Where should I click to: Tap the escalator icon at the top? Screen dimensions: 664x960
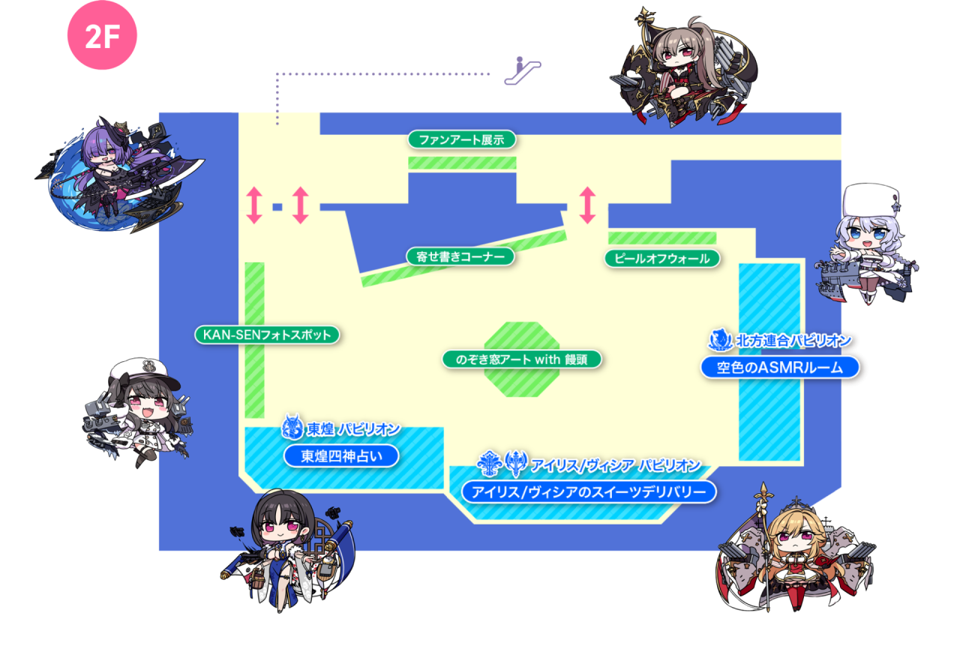523,70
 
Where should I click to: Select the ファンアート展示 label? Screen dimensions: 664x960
462,139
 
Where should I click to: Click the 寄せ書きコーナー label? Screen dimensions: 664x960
460,256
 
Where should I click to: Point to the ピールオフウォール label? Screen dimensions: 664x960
662,259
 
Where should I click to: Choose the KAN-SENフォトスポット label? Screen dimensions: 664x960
268,334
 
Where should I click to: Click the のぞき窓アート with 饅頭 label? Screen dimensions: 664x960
521,359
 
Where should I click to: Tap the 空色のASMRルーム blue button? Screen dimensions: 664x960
780,367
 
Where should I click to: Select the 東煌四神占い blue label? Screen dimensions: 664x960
340,456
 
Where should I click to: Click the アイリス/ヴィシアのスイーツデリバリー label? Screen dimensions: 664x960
589,492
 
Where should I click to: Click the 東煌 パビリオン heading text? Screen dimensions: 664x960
352,429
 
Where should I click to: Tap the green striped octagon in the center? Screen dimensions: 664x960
523,386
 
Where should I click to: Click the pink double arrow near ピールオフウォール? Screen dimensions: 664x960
587,205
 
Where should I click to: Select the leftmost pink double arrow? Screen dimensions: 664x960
254,205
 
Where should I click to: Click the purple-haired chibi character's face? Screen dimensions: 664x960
105,154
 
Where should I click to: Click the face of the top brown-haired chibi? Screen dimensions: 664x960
677,55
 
